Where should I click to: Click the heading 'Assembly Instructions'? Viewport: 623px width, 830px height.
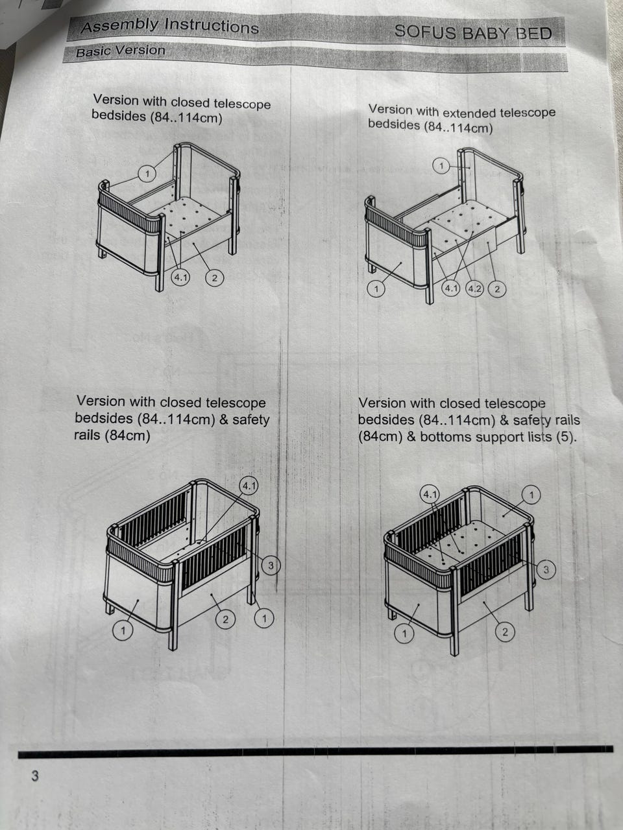click(x=170, y=26)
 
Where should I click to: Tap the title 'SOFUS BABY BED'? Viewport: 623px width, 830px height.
click(x=473, y=32)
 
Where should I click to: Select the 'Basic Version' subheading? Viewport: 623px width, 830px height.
click(x=120, y=51)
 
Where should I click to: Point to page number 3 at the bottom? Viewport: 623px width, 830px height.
click(x=35, y=776)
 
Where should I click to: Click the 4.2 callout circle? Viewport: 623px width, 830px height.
click(x=474, y=289)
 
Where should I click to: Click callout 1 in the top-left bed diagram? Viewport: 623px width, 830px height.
click(x=147, y=174)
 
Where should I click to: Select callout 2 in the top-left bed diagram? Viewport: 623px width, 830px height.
click(x=214, y=278)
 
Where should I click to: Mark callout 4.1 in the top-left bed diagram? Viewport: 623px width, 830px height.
click(x=180, y=278)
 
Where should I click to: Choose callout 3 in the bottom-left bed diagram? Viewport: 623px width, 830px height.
click(x=271, y=565)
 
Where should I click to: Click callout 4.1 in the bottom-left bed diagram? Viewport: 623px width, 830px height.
click(x=249, y=486)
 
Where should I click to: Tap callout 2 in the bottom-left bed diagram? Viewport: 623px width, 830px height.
click(x=225, y=619)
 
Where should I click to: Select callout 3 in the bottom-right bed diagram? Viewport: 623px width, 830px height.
click(x=546, y=569)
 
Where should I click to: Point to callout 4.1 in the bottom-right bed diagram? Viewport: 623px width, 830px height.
click(x=430, y=494)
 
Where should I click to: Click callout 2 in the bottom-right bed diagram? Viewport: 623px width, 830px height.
click(x=505, y=632)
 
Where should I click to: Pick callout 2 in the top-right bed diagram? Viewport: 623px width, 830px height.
click(x=497, y=289)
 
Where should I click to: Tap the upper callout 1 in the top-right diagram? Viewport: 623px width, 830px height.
click(x=441, y=165)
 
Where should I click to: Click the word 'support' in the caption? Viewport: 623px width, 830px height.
click(x=496, y=438)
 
